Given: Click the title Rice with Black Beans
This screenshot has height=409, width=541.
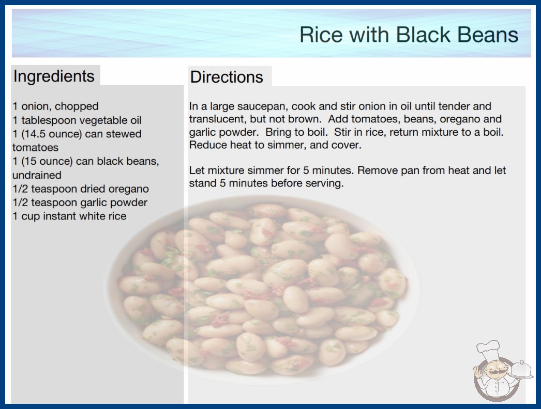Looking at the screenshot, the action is [x=409, y=35].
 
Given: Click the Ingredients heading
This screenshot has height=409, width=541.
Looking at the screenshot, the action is [x=54, y=76].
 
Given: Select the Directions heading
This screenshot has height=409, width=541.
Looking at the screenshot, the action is [x=227, y=77].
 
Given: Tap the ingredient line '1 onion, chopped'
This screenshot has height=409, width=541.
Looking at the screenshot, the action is [x=55, y=106].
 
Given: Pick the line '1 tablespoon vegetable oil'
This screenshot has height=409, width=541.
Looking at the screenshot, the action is [x=77, y=120].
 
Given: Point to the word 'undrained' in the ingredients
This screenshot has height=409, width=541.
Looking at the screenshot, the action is [x=37, y=175].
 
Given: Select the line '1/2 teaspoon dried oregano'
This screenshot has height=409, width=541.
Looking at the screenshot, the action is [x=81, y=189].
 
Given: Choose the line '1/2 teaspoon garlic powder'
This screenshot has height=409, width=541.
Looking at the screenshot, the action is [x=80, y=202].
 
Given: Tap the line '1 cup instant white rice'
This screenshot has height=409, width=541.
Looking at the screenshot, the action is [x=69, y=216].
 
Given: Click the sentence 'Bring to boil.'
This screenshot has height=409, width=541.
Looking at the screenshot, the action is [x=295, y=132].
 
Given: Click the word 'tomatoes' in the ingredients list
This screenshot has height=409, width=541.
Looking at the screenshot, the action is [x=36, y=148].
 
